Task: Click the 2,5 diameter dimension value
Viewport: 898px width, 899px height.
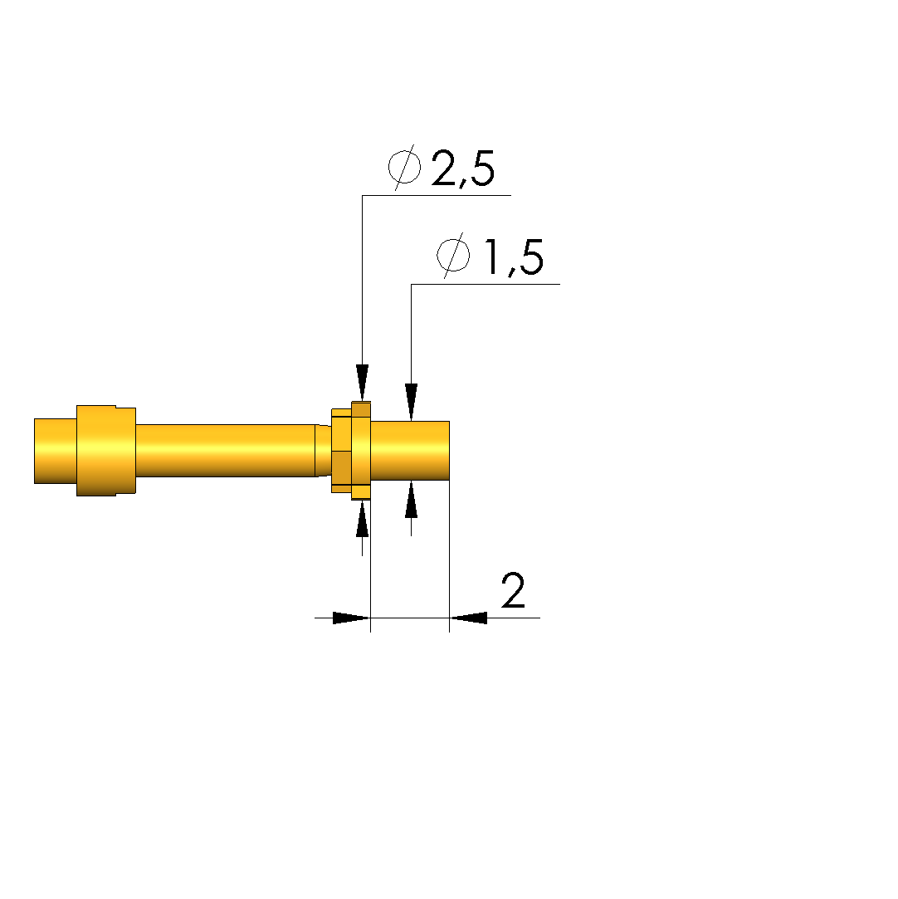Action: coord(462,169)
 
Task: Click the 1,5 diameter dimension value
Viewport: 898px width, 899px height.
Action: coord(514,257)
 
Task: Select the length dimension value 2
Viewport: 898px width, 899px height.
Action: coord(513,590)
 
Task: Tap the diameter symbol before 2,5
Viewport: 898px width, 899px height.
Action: coord(404,167)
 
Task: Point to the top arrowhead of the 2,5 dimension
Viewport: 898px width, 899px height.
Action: coord(362,383)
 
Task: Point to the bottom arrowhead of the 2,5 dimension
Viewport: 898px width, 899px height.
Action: coord(362,519)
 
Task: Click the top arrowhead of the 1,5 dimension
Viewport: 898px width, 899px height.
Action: coord(412,402)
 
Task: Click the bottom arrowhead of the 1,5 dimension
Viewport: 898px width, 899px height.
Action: coord(412,500)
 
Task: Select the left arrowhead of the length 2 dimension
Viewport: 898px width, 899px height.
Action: coord(351,618)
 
